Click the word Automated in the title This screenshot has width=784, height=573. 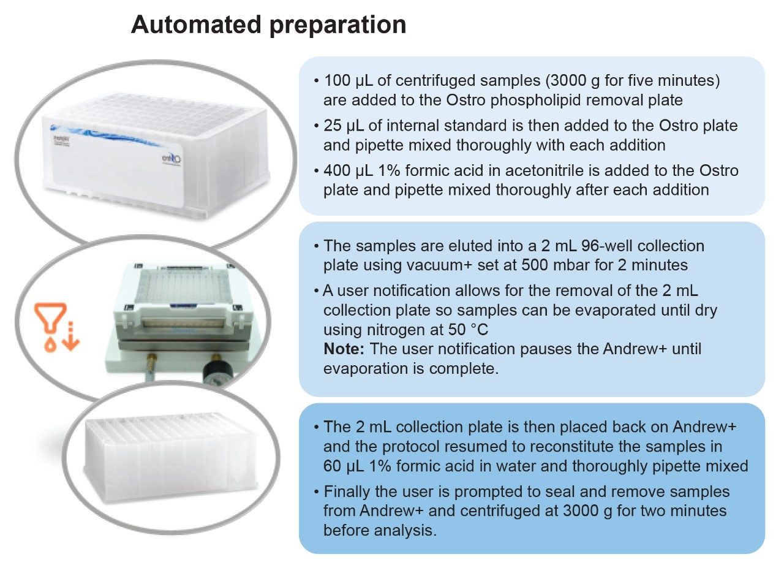[x=197, y=25]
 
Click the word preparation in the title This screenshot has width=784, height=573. [x=337, y=26]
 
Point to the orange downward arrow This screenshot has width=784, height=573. [x=72, y=336]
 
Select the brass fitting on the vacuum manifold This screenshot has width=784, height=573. [x=152, y=360]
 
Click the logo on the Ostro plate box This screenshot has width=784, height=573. [x=171, y=159]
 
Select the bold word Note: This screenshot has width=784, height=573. [x=344, y=349]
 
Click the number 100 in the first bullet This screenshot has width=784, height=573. [x=337, y=80]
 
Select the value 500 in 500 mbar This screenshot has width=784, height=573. [x=535, y=265]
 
